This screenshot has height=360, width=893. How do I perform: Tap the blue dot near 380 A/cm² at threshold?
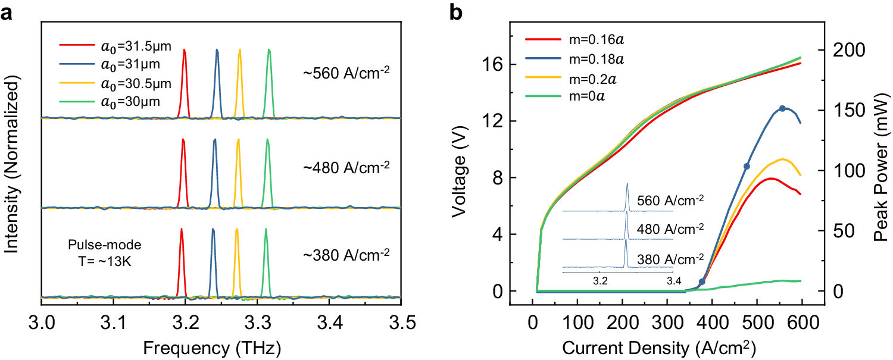(x=702, y=281)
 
